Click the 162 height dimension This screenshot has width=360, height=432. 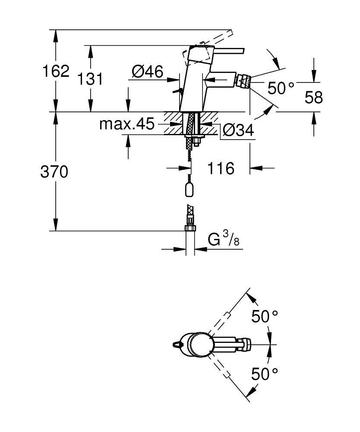[x=55, y=71]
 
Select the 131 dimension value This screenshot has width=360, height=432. [x=90, y=79]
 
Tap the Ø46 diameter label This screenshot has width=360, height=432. [x=148, y=71]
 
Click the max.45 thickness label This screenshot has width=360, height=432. [x=126, y=124]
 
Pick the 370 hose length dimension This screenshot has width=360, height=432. [x=54, y=172]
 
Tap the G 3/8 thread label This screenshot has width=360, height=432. [x=224, y=240]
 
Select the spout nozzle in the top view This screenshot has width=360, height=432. [x=245, y=344]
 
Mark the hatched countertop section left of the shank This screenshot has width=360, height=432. [x=174, y=123]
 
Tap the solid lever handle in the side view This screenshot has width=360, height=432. [x=229, y=50]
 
